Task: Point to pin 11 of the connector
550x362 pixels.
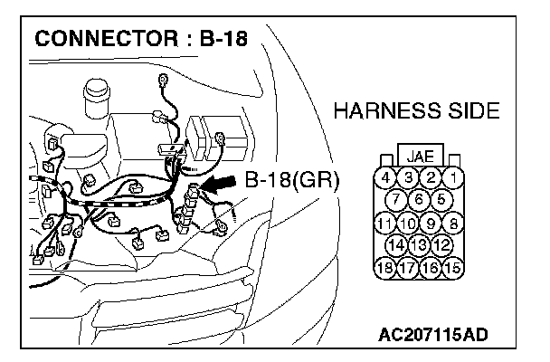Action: (x=384, y=222)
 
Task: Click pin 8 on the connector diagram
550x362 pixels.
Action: (x=453, y=222)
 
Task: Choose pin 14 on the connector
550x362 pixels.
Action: (x=396, y=244)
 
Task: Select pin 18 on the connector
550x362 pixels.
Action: (x=385, y=267)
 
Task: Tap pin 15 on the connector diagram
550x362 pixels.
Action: (x=453, y=267)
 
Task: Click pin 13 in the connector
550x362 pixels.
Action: (x=419, y=244)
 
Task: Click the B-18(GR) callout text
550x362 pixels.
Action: (x=291, y=179)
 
